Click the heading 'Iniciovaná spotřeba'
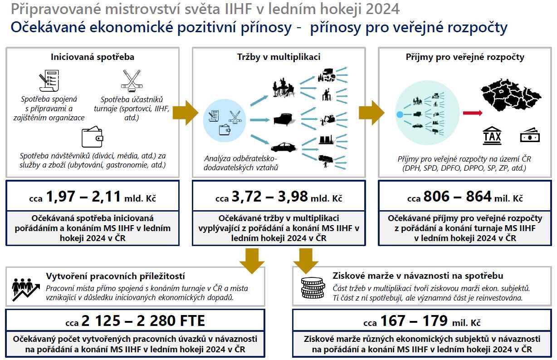point(92,57)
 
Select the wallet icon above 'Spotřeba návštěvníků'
point(92,138)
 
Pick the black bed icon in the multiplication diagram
point(285,119)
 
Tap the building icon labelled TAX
point(492,135)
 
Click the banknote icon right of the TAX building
point(529,136)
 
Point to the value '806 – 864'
point(457,197)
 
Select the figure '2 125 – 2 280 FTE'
point(143,321)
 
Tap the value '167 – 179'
point(415,321)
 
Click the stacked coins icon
point(313,287)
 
